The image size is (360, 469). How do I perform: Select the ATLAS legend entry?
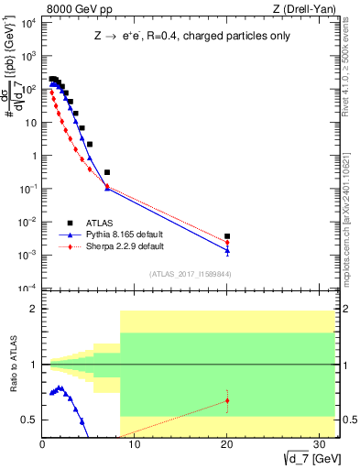click(x=101, y=223)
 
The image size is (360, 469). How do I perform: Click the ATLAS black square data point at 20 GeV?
click(x=227, y=236)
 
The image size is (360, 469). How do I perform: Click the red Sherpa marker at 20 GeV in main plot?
click(x=227, y=243)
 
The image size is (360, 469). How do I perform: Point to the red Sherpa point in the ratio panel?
click(x=227, y=400)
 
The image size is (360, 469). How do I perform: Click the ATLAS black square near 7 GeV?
click(x=107, y=172)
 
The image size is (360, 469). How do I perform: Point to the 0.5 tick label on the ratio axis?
click(x=29, y=420)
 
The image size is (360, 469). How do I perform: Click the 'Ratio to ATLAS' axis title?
click(x=13, y=365)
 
